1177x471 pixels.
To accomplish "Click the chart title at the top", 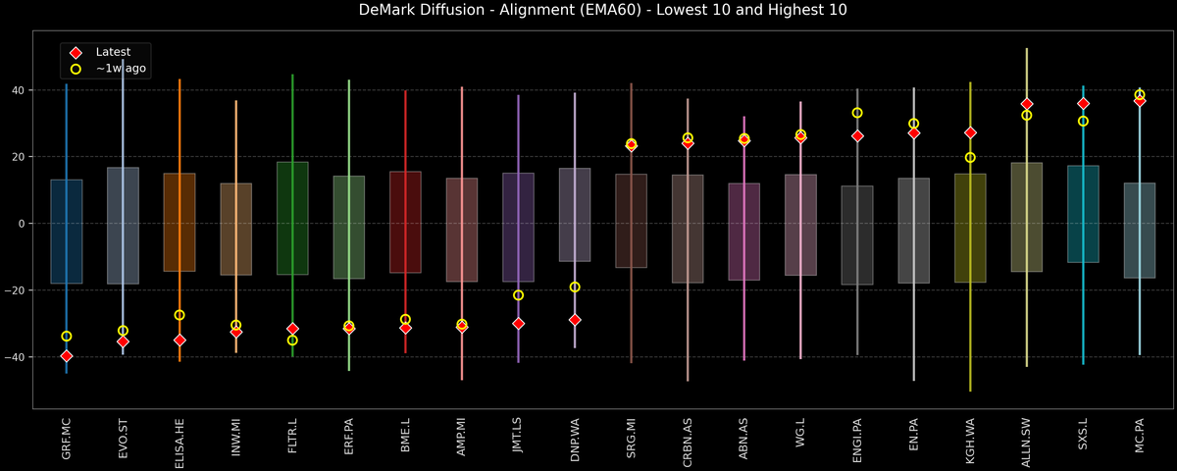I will tap(588, 10).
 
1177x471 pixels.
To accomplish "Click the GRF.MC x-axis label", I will tap(67, 439).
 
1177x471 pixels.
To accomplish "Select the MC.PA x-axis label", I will tap(1139, 440).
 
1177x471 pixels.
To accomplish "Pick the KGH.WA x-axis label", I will tap(970, 439).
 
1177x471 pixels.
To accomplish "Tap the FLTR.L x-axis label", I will tap(292, 440).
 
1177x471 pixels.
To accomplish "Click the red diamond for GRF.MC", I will tap(67, 356).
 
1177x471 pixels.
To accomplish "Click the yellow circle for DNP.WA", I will tap(575, 288).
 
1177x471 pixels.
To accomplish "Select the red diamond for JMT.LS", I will tap(518, 324).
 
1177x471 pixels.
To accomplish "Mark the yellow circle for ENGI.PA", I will tap(857, 113).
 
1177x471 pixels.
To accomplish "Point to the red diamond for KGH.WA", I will tap(970, 132).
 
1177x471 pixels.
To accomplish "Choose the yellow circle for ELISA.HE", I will tap(179, 315).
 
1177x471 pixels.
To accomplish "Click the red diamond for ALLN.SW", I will tap(1027, 104).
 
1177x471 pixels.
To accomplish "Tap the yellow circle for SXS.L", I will tap(1083, 122).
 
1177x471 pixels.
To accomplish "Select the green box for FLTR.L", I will tap(292, 218).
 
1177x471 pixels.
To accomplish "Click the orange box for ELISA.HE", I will tap(179, 222).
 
